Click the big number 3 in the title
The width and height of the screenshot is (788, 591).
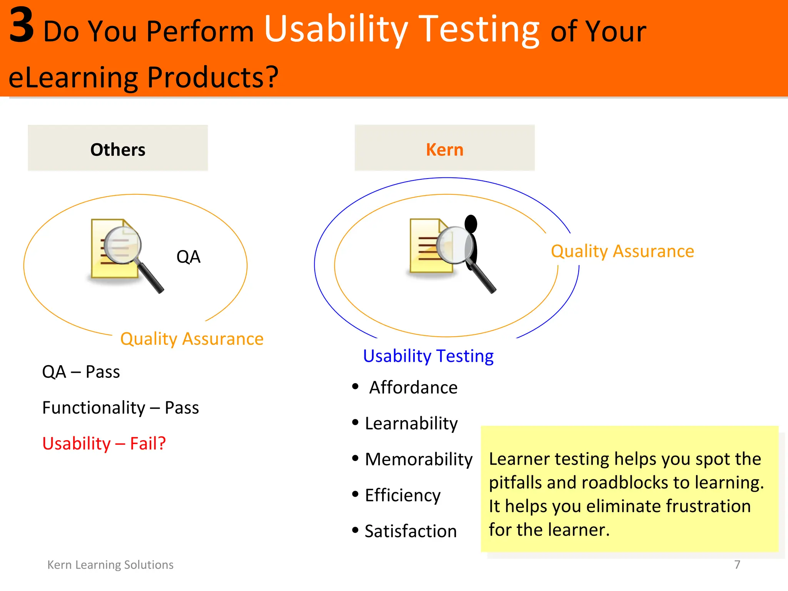pos(22,26)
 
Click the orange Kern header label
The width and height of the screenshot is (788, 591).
pos(444,150)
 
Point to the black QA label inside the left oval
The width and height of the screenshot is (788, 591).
pos(188,257)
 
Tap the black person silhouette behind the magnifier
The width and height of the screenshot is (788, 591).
pos(472,235)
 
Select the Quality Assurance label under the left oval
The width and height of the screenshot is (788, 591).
pos(192,339)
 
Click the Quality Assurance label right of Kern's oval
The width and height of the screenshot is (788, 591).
pos(622,251)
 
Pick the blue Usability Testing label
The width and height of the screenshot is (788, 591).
pos(428,356)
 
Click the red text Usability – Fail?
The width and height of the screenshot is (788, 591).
pos(104,443)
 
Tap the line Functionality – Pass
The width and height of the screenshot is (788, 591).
pos(120,407)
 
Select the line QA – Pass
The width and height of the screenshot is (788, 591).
pos(81,372)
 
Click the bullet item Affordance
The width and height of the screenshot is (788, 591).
pos(413,387)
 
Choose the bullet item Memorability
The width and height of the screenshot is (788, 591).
pos(418,459)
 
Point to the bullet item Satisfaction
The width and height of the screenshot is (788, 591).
pos(410,531)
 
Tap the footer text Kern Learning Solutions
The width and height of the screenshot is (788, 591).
pos(110,564)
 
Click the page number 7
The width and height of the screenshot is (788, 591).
pos(737,564)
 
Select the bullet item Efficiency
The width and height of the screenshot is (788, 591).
pos(402,495)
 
